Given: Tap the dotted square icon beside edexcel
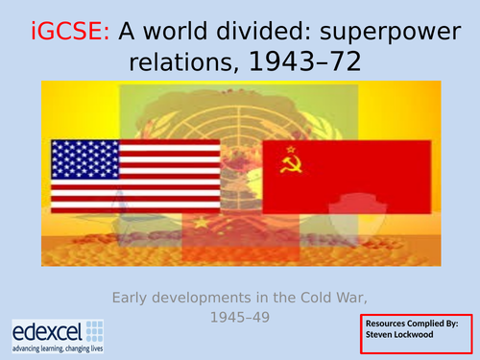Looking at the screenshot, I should [96, 330].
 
